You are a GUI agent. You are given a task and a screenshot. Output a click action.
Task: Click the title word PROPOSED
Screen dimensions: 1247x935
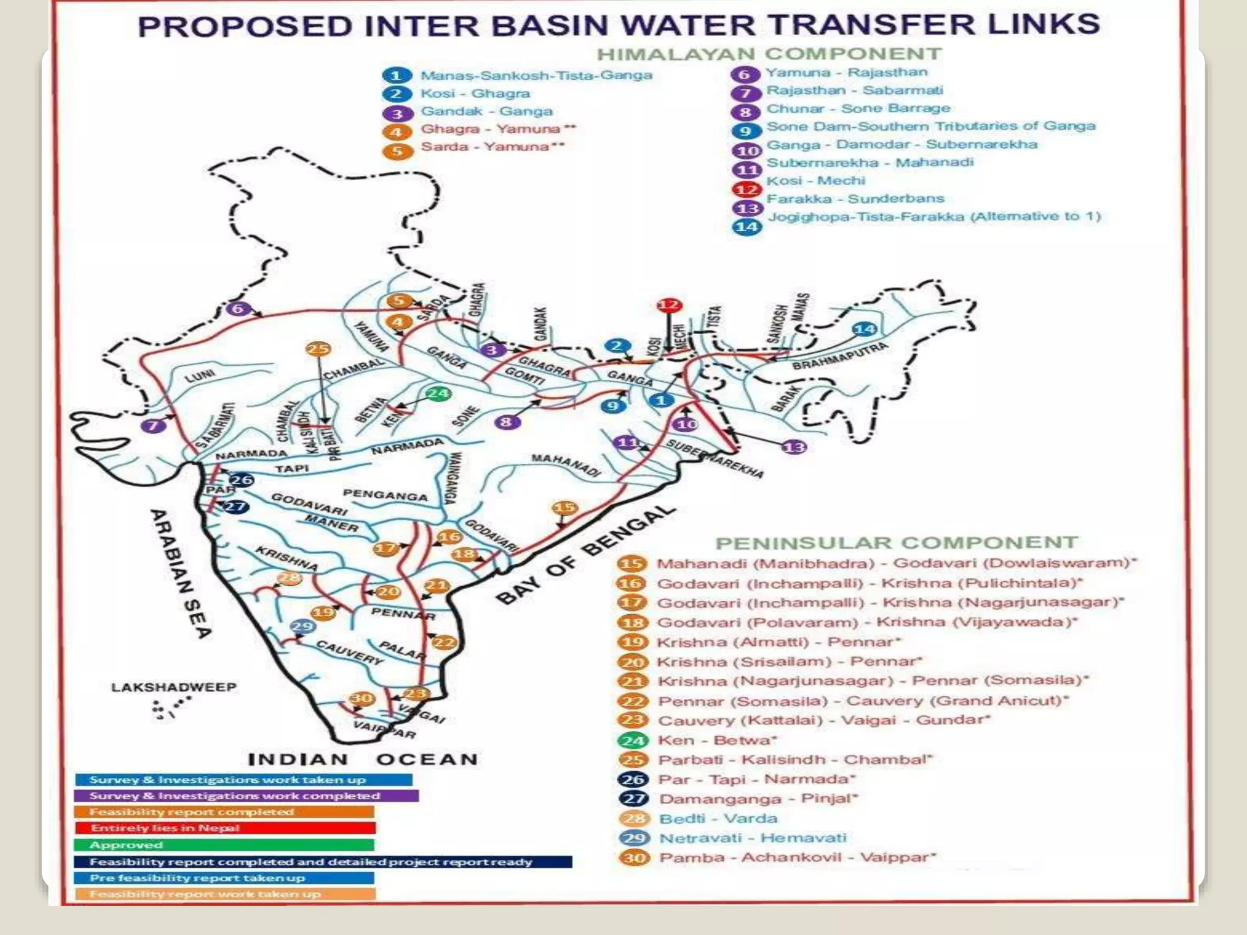pyautogui.click(x=245, y=26)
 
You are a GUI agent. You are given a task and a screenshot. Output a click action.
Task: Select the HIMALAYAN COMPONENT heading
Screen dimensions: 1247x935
pyautogui.click(x=769, y=54)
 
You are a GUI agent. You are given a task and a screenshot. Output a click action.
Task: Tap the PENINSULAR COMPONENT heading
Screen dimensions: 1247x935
pyautogui.click(x=896, y=542)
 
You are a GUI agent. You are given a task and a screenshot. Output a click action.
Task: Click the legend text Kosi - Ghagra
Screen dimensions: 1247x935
pyautogui.click(x=475, y=94)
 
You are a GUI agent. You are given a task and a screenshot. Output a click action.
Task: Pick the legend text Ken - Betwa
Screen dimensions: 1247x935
pyautogui.click(x=717, y=740)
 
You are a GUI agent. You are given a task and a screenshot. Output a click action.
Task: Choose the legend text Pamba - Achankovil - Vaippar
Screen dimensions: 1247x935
pyautogui.click(x=796, y=858)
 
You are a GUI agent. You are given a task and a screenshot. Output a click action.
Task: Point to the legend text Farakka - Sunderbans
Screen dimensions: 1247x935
pyautogui.click(x=855, y=198)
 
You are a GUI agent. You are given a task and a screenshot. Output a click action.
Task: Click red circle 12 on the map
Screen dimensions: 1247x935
pyautogui.click(x=669, y=306)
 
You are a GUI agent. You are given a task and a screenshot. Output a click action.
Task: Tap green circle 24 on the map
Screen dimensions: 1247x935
pyautogui.click(x=438, y=393)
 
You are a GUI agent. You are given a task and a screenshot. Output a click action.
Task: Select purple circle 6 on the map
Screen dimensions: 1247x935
pyautogui.click(x=238, y=309)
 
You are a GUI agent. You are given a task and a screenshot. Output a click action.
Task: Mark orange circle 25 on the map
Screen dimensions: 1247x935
pyautogui.click(x=318, y=349)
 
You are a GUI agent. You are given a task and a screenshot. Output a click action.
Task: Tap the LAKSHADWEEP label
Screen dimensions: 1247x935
pyautogui.click(x=174, y=687)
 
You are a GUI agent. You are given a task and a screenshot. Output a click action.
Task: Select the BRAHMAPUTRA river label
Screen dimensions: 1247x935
pyautogui.click(x=840, y=357)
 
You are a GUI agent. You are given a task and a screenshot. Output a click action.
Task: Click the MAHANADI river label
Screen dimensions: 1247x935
pyautogui.click(x=566, y=464)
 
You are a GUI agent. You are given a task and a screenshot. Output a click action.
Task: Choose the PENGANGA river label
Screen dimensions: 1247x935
pyautogui.click(x=385, y=495)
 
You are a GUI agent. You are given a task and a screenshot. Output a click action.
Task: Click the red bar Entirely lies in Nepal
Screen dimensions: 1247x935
pyautogui.click(x=225, y=828)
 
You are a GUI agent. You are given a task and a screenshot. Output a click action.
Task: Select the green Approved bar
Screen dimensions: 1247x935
pyautogui.click(x=223, y=845)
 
